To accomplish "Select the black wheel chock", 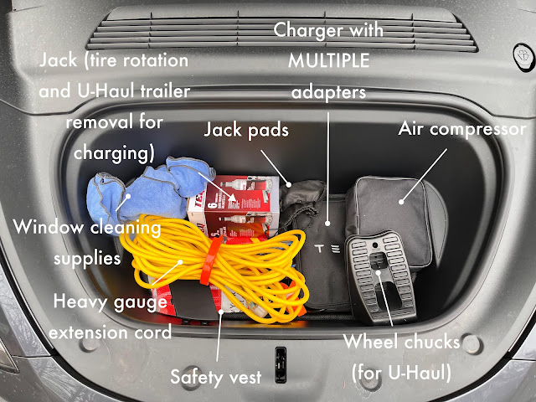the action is [381, 276].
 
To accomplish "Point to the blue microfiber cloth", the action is [159, 188].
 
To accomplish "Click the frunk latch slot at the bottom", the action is [280, 355].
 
